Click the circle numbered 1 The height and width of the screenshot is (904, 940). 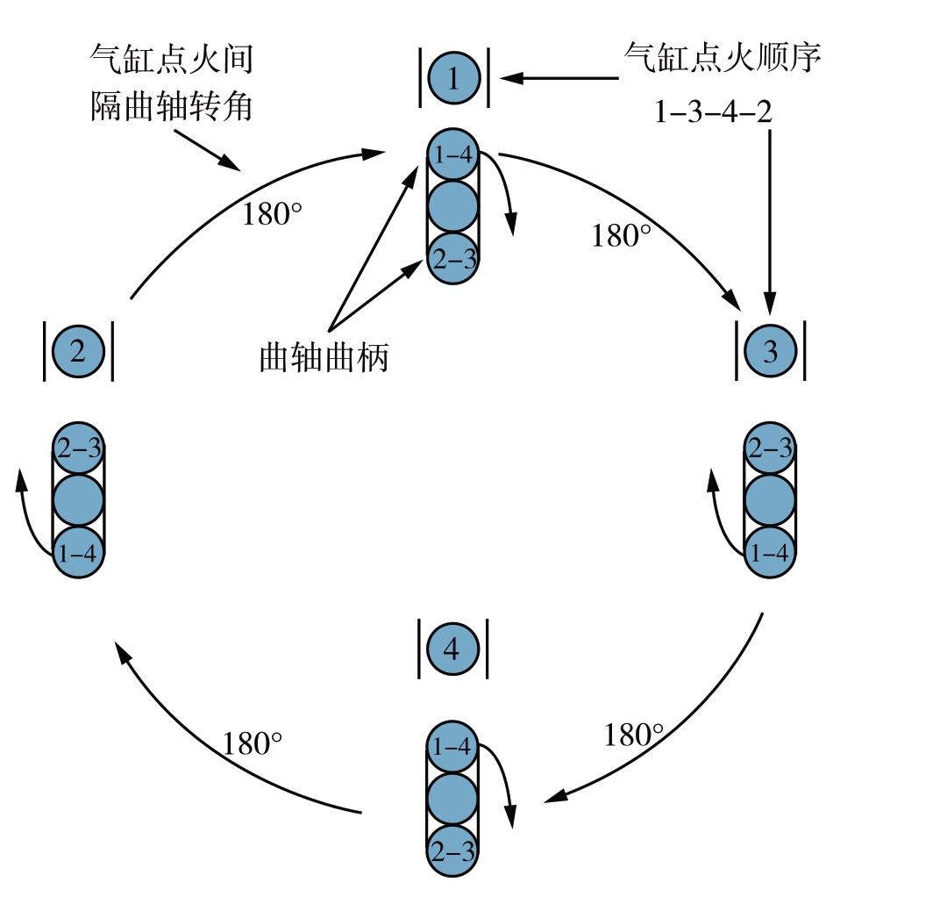click(452, 80)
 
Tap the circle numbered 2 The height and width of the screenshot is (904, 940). click(78, 352)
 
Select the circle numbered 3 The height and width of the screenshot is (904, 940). click(770, 352)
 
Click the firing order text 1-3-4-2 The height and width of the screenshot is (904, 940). click(713, 112)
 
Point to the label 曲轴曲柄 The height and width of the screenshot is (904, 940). click(324, 358)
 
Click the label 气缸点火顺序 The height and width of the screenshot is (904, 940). click(723, 58)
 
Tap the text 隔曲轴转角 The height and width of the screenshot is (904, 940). click(172, 107)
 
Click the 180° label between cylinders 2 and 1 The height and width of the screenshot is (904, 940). click(273, 213)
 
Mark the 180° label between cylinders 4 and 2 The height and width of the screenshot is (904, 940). click(253, 743)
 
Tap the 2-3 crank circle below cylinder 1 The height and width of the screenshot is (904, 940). click(452, 258)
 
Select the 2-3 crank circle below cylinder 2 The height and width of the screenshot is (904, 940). click(79, 449)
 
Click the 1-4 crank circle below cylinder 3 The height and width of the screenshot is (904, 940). click(770, 553)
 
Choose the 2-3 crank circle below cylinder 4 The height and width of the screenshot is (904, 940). click(452, 850)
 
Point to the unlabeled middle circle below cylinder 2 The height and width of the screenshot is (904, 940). click(79, 501)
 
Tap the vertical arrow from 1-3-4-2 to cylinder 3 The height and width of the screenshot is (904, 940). click(770, 219)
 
